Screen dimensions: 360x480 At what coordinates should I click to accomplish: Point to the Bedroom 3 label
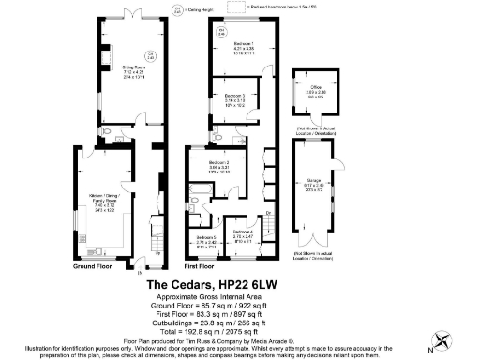(228, 96)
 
